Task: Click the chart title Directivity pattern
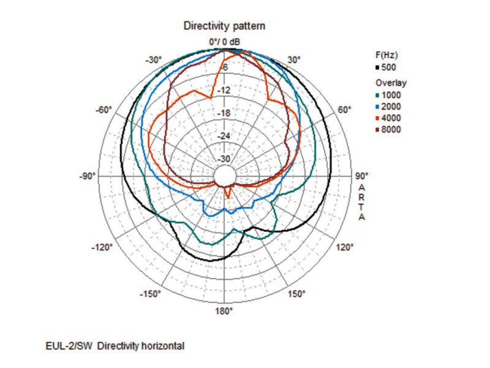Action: pyautogui.click(x=224, y=27)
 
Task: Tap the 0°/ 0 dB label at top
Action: pyautogui.click(x=224, y=42)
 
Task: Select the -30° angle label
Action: pyautogui.click(x=153, y=59)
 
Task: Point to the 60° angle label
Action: pyautogui.click(x=344, y=110)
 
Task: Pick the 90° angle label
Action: pyautogui.click(x=361, y=176)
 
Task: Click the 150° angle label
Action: pyautogui.click(x=296, y=294)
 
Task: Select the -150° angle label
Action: pyautogui.click(x=150, y=294)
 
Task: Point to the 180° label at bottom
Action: pyautogui.click(x=224, y=311)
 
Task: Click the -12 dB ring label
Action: pyautogui.click(x=224, y=90)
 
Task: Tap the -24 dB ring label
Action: pyautogui.click(x=224, y=136)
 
